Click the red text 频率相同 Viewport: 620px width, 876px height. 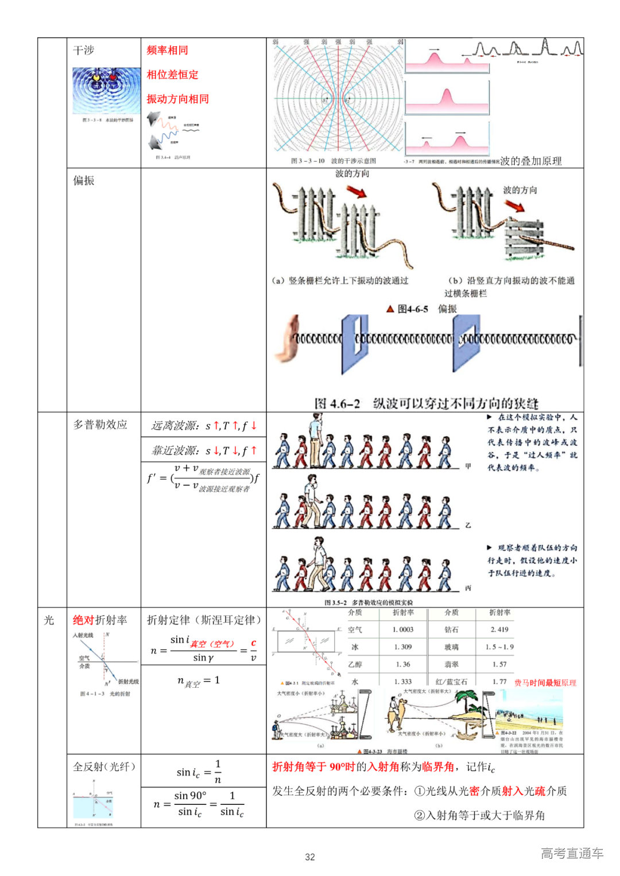tap(167, 50)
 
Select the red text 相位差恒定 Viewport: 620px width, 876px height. tap(172, 75)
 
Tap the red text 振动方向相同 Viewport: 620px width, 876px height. tap(177, 99)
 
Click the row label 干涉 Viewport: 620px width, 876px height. tap(83, 50)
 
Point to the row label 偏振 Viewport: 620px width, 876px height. tap(83, 181)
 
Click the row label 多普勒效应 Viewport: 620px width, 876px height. tap(100, 425)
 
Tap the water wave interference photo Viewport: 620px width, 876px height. tap(106, 91)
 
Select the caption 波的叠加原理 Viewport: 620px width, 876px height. tap(530, 161)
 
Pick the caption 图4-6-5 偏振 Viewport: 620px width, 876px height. tap(422, 309)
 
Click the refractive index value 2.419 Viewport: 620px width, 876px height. tap(499, 630)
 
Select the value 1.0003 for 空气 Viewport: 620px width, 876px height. tap(402, 630)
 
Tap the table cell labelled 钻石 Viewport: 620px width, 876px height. tap(451, 630)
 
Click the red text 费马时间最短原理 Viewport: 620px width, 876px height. tap(545, 683)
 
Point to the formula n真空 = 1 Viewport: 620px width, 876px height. tap(199, 681)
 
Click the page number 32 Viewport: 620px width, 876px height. tap(310, 857)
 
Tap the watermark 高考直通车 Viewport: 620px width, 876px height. tap(572, 853)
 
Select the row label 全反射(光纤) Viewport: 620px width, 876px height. tap(104, 767)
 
